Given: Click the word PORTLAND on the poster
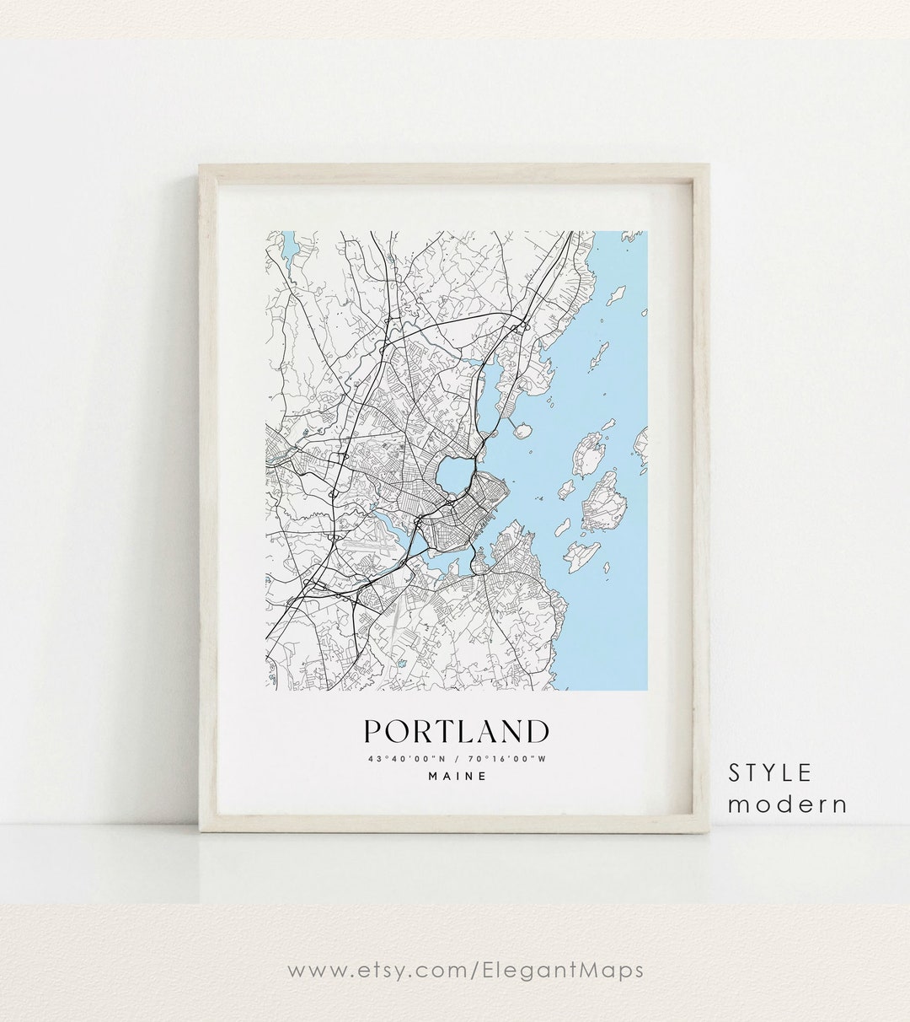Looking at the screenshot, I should click(456, 731).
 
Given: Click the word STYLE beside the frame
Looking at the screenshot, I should click(770, 772).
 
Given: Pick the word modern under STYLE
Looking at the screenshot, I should click(788, 804).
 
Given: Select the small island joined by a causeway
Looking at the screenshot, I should click(522, 430).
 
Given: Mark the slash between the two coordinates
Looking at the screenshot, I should click(456, 759).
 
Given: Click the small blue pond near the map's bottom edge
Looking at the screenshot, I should click(403, 664).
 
